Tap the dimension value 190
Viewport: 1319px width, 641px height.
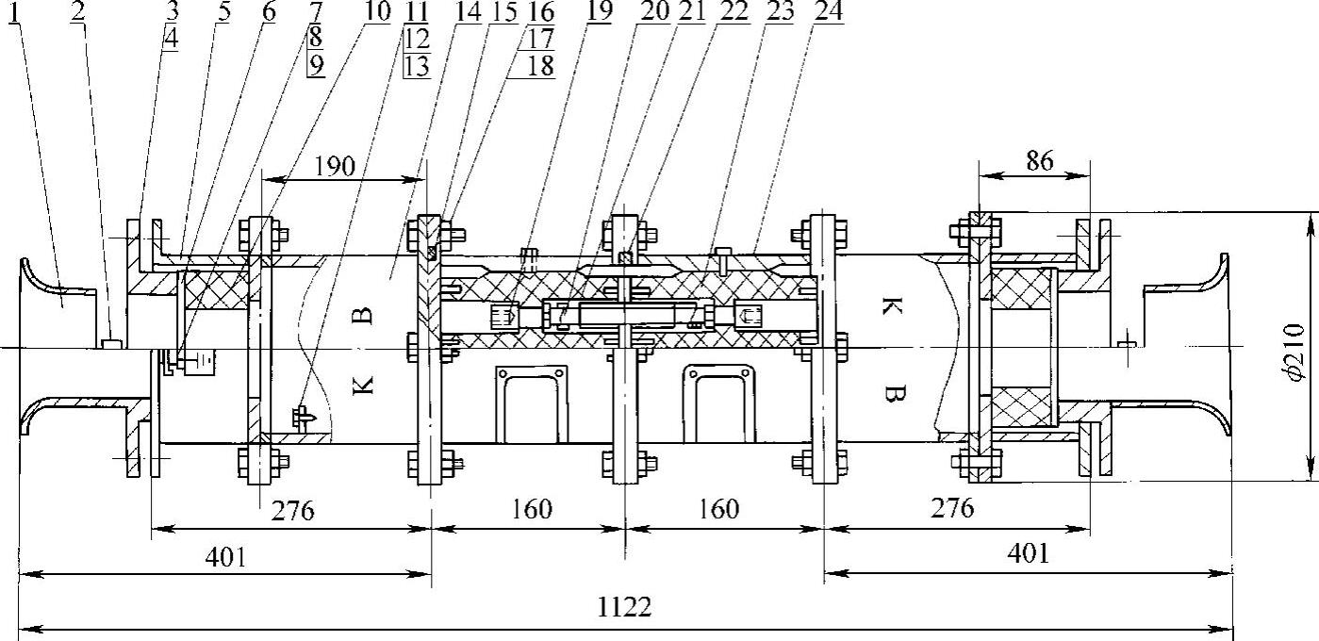[x=334, y=167]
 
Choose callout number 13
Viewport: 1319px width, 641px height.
[x=416, y=66]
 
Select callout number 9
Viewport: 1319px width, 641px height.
[x=315, y=66]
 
